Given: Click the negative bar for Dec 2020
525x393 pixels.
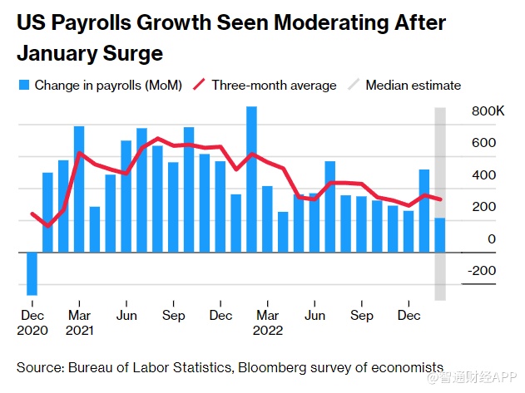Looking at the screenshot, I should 32,273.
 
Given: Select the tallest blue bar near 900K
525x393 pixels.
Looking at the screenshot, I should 251,179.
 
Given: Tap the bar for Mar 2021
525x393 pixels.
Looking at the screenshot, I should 79,189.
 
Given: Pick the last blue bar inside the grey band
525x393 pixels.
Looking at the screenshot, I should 439,235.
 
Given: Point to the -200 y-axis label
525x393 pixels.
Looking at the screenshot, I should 482,270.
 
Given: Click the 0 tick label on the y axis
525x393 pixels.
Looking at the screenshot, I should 493,239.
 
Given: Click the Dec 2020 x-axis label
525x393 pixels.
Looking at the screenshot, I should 32,322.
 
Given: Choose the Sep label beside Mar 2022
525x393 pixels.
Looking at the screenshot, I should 361,316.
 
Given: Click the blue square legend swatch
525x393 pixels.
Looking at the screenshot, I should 23,85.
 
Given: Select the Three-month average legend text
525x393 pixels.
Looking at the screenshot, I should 274,85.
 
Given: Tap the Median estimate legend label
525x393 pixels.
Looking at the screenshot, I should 413,85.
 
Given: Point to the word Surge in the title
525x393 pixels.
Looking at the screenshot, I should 132,55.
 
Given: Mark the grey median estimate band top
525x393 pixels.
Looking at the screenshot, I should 440,110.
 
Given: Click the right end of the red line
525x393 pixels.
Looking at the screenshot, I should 439,199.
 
